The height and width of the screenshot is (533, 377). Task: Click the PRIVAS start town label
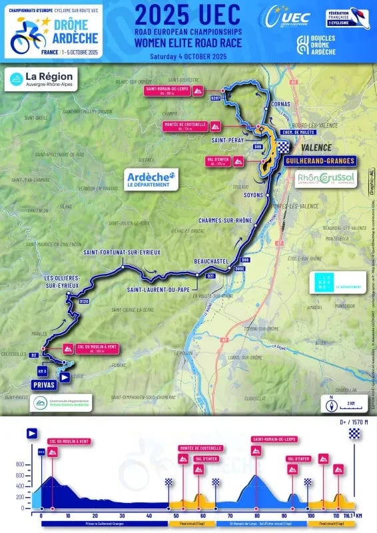pos(43,385)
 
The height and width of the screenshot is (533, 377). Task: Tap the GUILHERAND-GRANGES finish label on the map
pos(318,161)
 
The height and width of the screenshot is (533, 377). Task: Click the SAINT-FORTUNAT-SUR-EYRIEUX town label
pos(122,253)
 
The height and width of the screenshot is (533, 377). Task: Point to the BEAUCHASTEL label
pos(211,261)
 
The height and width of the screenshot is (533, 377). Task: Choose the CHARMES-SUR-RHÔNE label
pos(225,220)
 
